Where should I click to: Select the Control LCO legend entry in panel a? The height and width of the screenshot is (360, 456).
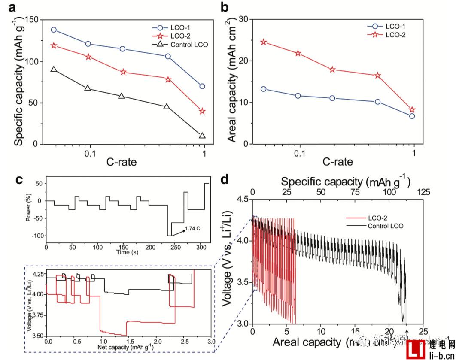[x=186, y=44]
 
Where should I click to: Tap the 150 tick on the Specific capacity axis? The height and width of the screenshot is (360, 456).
[x=31, y=20]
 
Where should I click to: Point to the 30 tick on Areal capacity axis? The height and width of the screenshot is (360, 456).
[x=243, y=19]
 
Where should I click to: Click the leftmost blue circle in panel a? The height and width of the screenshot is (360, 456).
[x=54, y=30]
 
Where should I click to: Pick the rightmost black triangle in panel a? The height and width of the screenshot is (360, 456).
[x=202, y=136]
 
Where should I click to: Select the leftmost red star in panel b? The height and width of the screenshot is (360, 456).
[x=263, y=42]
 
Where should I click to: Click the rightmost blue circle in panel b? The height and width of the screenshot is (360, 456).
[x=412, y=116]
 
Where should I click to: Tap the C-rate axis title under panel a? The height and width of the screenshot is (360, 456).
[x=122, y=162]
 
